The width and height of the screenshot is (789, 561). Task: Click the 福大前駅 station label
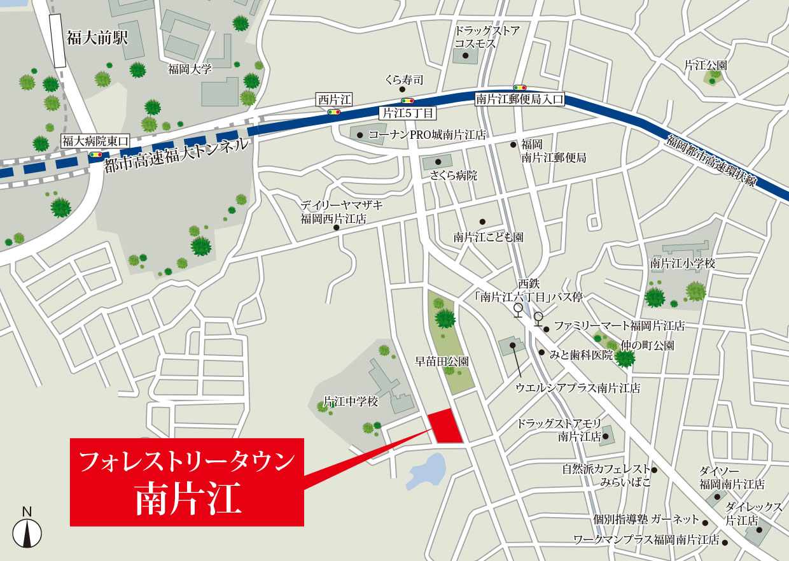coord(97,38)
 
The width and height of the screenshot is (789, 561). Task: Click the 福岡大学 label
coord(190,69)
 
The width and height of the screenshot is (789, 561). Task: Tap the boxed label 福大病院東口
coord(95,141)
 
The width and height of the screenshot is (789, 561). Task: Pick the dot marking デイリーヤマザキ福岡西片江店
coord(337,227)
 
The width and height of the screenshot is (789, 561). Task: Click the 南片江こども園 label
coord(488,237)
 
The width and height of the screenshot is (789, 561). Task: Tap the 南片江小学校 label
coord(682,263)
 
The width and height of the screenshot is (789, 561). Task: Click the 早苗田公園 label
coord(442,361)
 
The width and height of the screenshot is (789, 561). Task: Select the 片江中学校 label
coord(351,402)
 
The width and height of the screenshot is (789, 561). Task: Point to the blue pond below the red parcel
coord(428,472)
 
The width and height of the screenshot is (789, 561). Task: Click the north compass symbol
coord(27,532)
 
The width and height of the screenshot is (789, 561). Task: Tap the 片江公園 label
coord(705,65)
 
